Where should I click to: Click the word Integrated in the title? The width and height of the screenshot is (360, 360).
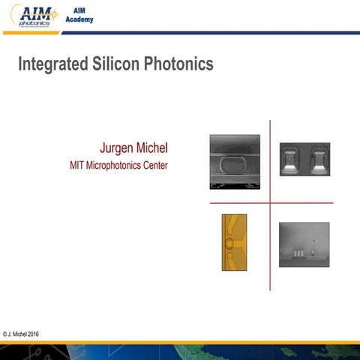coord(51,64)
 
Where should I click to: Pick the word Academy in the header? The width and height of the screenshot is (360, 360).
coord(84,19)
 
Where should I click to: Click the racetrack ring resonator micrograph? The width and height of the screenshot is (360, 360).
coord(235,161)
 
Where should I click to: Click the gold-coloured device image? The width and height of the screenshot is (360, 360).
coord(235,242)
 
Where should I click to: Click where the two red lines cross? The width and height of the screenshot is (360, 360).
coord(270,202)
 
